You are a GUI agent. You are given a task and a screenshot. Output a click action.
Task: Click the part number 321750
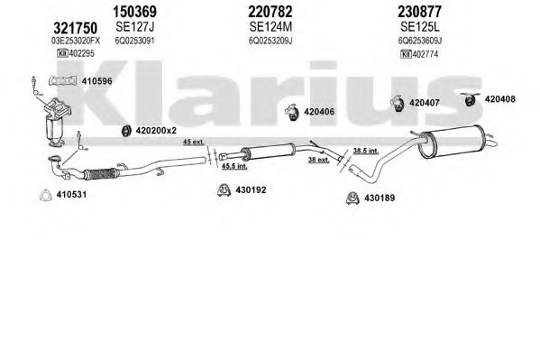[75, 28]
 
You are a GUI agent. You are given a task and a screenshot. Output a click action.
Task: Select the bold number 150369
[134, 12]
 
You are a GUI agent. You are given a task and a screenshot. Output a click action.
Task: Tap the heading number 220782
[270, 12]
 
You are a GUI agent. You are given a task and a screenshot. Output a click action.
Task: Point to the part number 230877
[419, 12]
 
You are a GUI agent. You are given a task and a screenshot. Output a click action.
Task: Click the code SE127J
[134, 26]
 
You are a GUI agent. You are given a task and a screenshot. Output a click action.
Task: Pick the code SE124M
[270, 26]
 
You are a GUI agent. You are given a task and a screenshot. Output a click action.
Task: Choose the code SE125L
[420, 26]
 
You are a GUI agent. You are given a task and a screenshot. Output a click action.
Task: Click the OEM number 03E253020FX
[76, 41]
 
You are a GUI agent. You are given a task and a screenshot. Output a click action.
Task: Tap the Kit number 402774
[426, 54]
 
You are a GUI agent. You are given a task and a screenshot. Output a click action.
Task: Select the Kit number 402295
[82, 53]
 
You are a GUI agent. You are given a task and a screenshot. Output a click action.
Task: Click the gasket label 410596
[96, 81]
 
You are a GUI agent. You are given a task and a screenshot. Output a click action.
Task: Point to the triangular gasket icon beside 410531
[45, 195]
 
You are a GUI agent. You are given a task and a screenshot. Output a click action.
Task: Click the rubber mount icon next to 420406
[291, 112]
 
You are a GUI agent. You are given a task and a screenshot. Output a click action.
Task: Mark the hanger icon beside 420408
[470, 99]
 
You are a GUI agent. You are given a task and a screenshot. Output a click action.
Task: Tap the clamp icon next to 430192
[224, 189]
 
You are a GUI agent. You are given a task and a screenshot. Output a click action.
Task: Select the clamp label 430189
[380, 198]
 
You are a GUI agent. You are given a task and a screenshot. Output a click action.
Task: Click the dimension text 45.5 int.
[234, 166]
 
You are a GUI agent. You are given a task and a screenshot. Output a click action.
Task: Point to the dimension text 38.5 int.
[366, 151]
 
